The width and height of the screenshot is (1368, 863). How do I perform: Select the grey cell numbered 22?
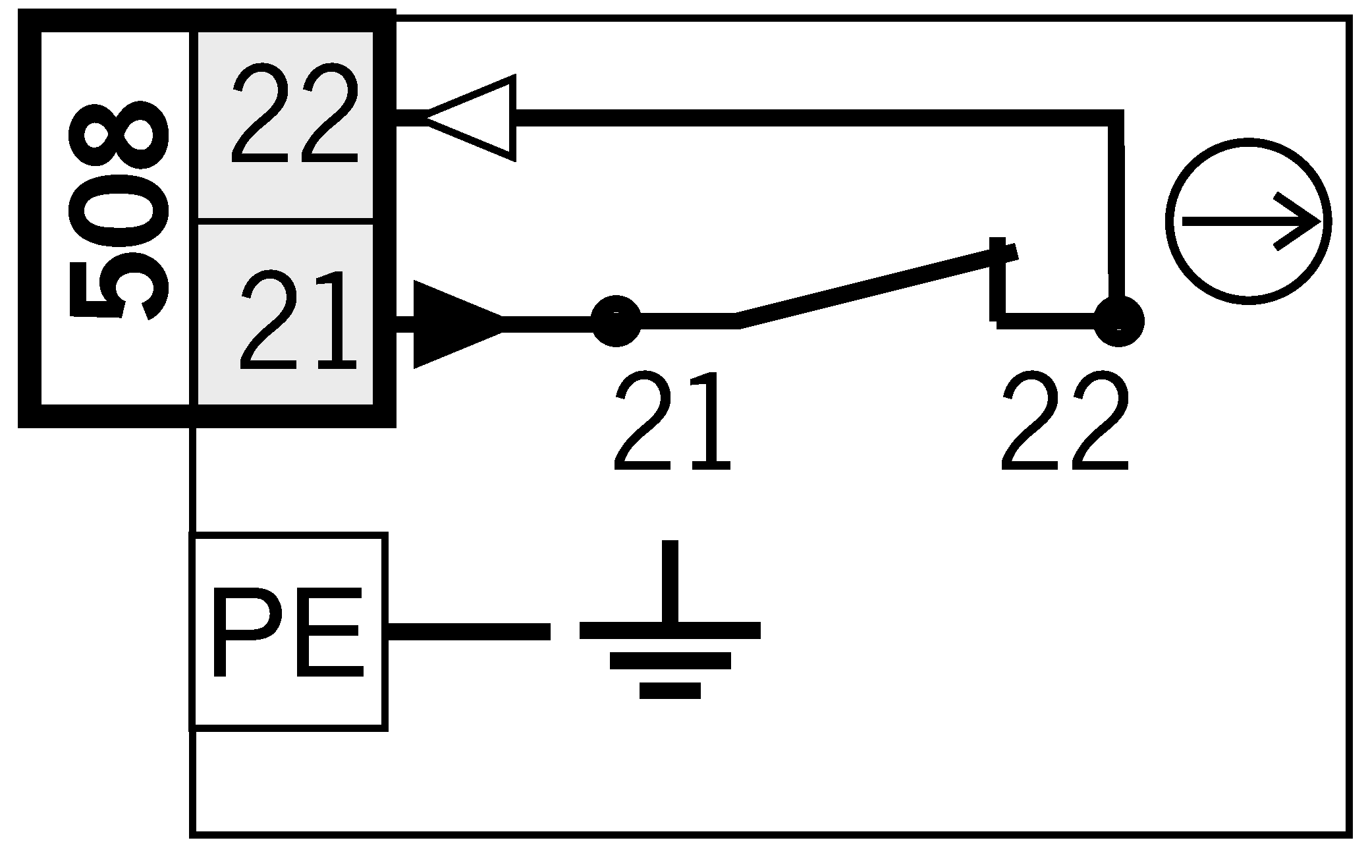pos(286,123)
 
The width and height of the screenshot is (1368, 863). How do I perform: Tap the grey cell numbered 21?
pos(286,315)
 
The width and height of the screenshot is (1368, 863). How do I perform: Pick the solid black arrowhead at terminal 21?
pos(454,323)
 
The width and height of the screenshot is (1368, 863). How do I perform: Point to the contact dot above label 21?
pos(616,320)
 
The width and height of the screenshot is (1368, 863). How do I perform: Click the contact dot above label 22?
pos(1118,321)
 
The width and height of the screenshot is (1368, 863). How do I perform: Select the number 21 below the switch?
pos(672,422)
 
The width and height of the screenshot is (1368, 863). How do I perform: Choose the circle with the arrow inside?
pos(1247,221)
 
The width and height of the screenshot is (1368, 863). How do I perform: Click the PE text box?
pos(288,631)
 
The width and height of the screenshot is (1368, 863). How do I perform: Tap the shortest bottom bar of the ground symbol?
pos(670,690)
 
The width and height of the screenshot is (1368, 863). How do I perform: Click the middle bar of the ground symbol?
pos(670,660)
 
